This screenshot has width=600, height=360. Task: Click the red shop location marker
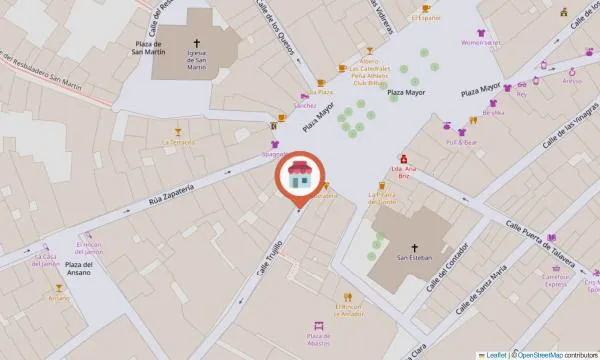point(297,179)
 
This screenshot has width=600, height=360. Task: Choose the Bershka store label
point(494,113)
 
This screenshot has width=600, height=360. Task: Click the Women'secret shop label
point(480,43)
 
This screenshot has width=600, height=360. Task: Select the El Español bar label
point(426,18)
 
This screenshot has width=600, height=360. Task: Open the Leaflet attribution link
point(495,354)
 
